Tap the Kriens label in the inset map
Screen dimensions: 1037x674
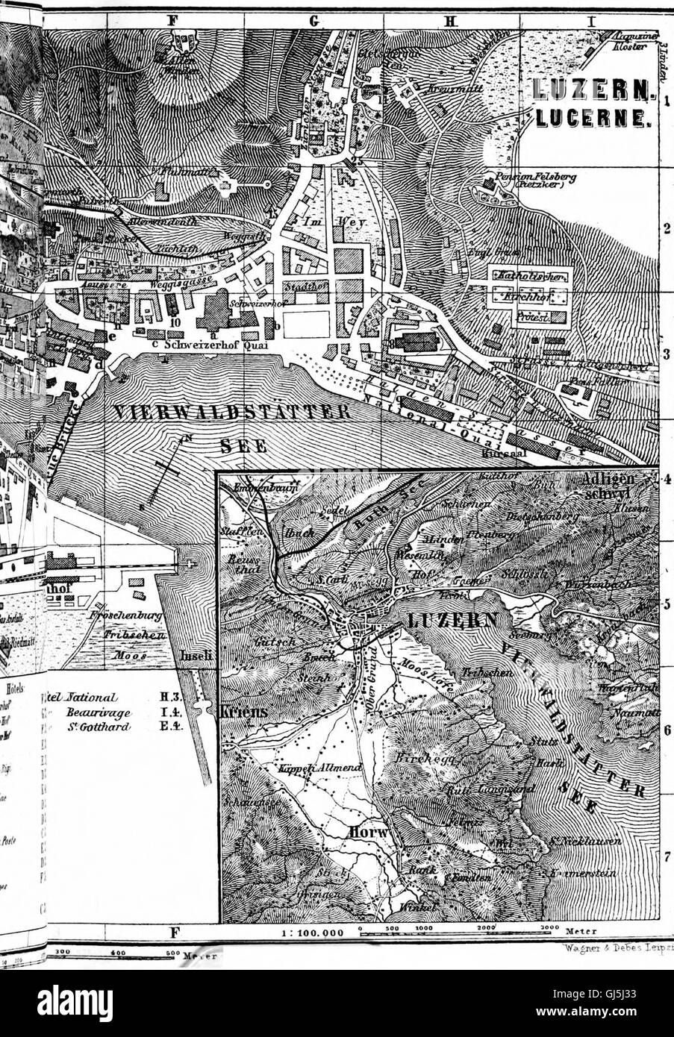(243, 712)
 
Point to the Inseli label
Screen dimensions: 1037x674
(197, 657)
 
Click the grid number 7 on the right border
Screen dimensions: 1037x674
(667, 856)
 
